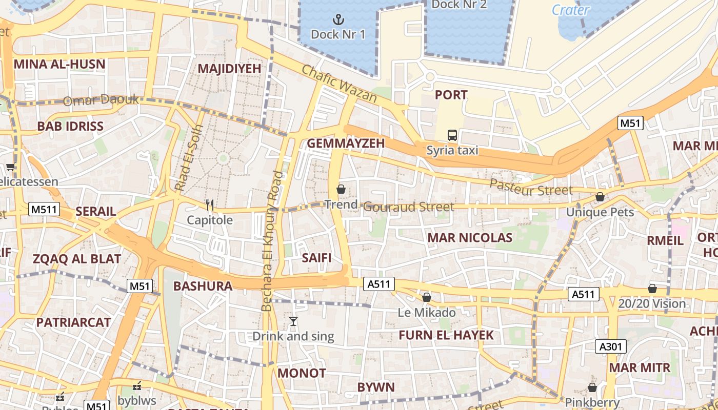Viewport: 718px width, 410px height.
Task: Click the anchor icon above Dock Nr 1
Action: tap(338, 20)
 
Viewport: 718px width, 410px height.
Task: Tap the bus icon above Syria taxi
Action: tap(452, 135)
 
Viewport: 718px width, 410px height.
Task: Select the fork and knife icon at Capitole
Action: tap(209, 205)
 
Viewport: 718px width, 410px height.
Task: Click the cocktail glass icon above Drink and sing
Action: tap(293, 321)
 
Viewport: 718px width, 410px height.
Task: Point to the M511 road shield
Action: tap(44, 209)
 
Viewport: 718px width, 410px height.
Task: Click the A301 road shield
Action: tap(611, 346)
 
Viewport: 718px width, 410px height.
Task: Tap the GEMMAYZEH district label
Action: tap(345, 143)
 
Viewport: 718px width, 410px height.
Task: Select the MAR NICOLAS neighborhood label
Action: tap(470, 238)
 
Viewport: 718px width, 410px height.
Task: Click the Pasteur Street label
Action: tap(530, 187)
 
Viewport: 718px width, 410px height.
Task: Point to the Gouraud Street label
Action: tap(408, 207)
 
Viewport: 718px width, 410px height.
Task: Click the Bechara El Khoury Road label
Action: tap(272, 241)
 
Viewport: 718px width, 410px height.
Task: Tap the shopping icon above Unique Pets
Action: tap(600, 197)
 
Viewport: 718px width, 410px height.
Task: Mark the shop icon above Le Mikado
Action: tap(426, 297)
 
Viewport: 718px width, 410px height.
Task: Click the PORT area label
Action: tap(451, 95)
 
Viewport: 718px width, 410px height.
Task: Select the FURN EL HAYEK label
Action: tap(446, 335)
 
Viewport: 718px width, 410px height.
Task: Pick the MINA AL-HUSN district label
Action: tap(59, 65)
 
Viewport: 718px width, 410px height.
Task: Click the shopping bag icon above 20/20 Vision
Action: tap(652, 289)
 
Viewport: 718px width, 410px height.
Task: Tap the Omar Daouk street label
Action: tap(101, 100)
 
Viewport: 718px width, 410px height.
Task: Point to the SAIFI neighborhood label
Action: tap(316, 258)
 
